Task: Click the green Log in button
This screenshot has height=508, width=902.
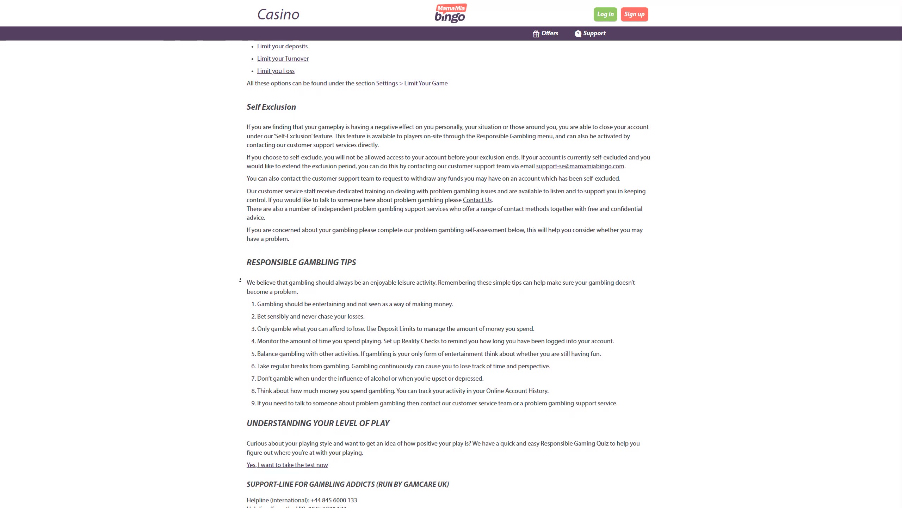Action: [x=605, y=14]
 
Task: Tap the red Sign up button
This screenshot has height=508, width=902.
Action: [x=634, y=14]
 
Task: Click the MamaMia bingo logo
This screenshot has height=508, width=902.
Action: [x=450, y=13]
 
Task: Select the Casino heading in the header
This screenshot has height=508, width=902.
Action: [x=278, y=14]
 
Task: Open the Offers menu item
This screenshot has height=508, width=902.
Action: [x=550, y=33]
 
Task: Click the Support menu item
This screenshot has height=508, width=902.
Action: [x=594, y=33]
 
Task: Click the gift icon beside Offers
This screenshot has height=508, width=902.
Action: [x=536, y=34]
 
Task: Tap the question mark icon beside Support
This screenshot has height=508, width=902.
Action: [x=578, y=34]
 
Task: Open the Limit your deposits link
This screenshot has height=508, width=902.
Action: [x=282, y=46]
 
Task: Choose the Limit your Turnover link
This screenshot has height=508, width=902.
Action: [x=283, y=59]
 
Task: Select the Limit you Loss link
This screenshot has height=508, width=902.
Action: [x=276, y=71]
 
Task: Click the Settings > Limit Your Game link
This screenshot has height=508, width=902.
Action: [x=412, y=83]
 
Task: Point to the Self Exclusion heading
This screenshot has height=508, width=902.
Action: [x=271, y=107]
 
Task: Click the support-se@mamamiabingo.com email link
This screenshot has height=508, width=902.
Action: [x=580, y=166]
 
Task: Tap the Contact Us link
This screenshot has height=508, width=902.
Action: [x=477, y=200]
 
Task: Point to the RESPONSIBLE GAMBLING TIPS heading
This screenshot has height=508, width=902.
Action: [x=301, y=262]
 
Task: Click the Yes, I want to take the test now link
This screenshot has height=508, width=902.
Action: [x=287, y=465]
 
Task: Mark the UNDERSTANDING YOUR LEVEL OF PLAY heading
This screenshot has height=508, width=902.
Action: [x=318, y=423]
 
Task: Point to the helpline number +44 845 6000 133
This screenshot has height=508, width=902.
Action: [x=333, y=500]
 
